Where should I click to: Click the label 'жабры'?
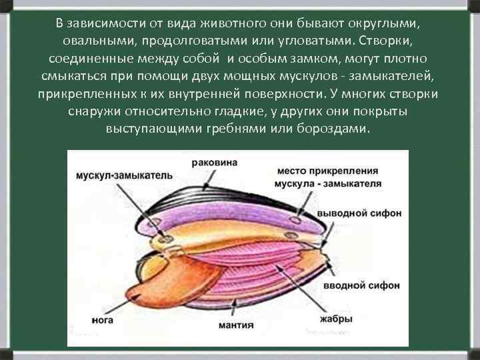[x=336, y=319]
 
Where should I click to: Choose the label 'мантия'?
[x=235, y=325]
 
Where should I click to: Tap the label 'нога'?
[x=103, y=321]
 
